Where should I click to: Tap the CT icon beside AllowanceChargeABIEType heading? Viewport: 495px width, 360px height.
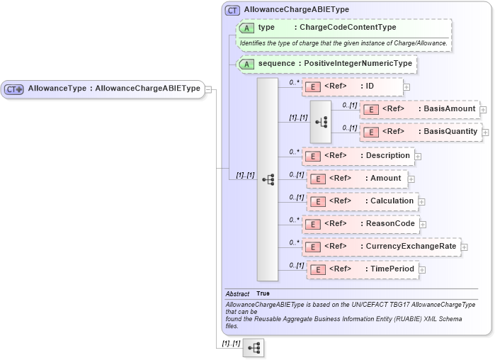tap(232, 10)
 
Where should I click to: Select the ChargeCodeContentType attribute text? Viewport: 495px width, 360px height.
tap(347, 28)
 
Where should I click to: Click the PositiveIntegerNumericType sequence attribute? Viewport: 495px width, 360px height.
tap(358, 64)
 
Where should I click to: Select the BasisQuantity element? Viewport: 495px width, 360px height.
tap(421, 132)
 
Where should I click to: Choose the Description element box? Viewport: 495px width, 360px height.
tap(358, 156)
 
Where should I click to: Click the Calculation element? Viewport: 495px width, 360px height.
tap(361, 201)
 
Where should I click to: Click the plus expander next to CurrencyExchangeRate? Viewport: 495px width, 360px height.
tap(465, 247)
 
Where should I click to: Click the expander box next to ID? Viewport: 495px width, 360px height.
tap(406, 87)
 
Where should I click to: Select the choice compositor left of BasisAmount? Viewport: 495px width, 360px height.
tap(320, 121)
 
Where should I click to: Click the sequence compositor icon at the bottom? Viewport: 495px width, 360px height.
tap(254, 348)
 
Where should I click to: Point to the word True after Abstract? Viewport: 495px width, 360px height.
tap(263, 293)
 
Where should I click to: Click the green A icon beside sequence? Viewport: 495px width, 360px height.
tap(246, 64)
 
